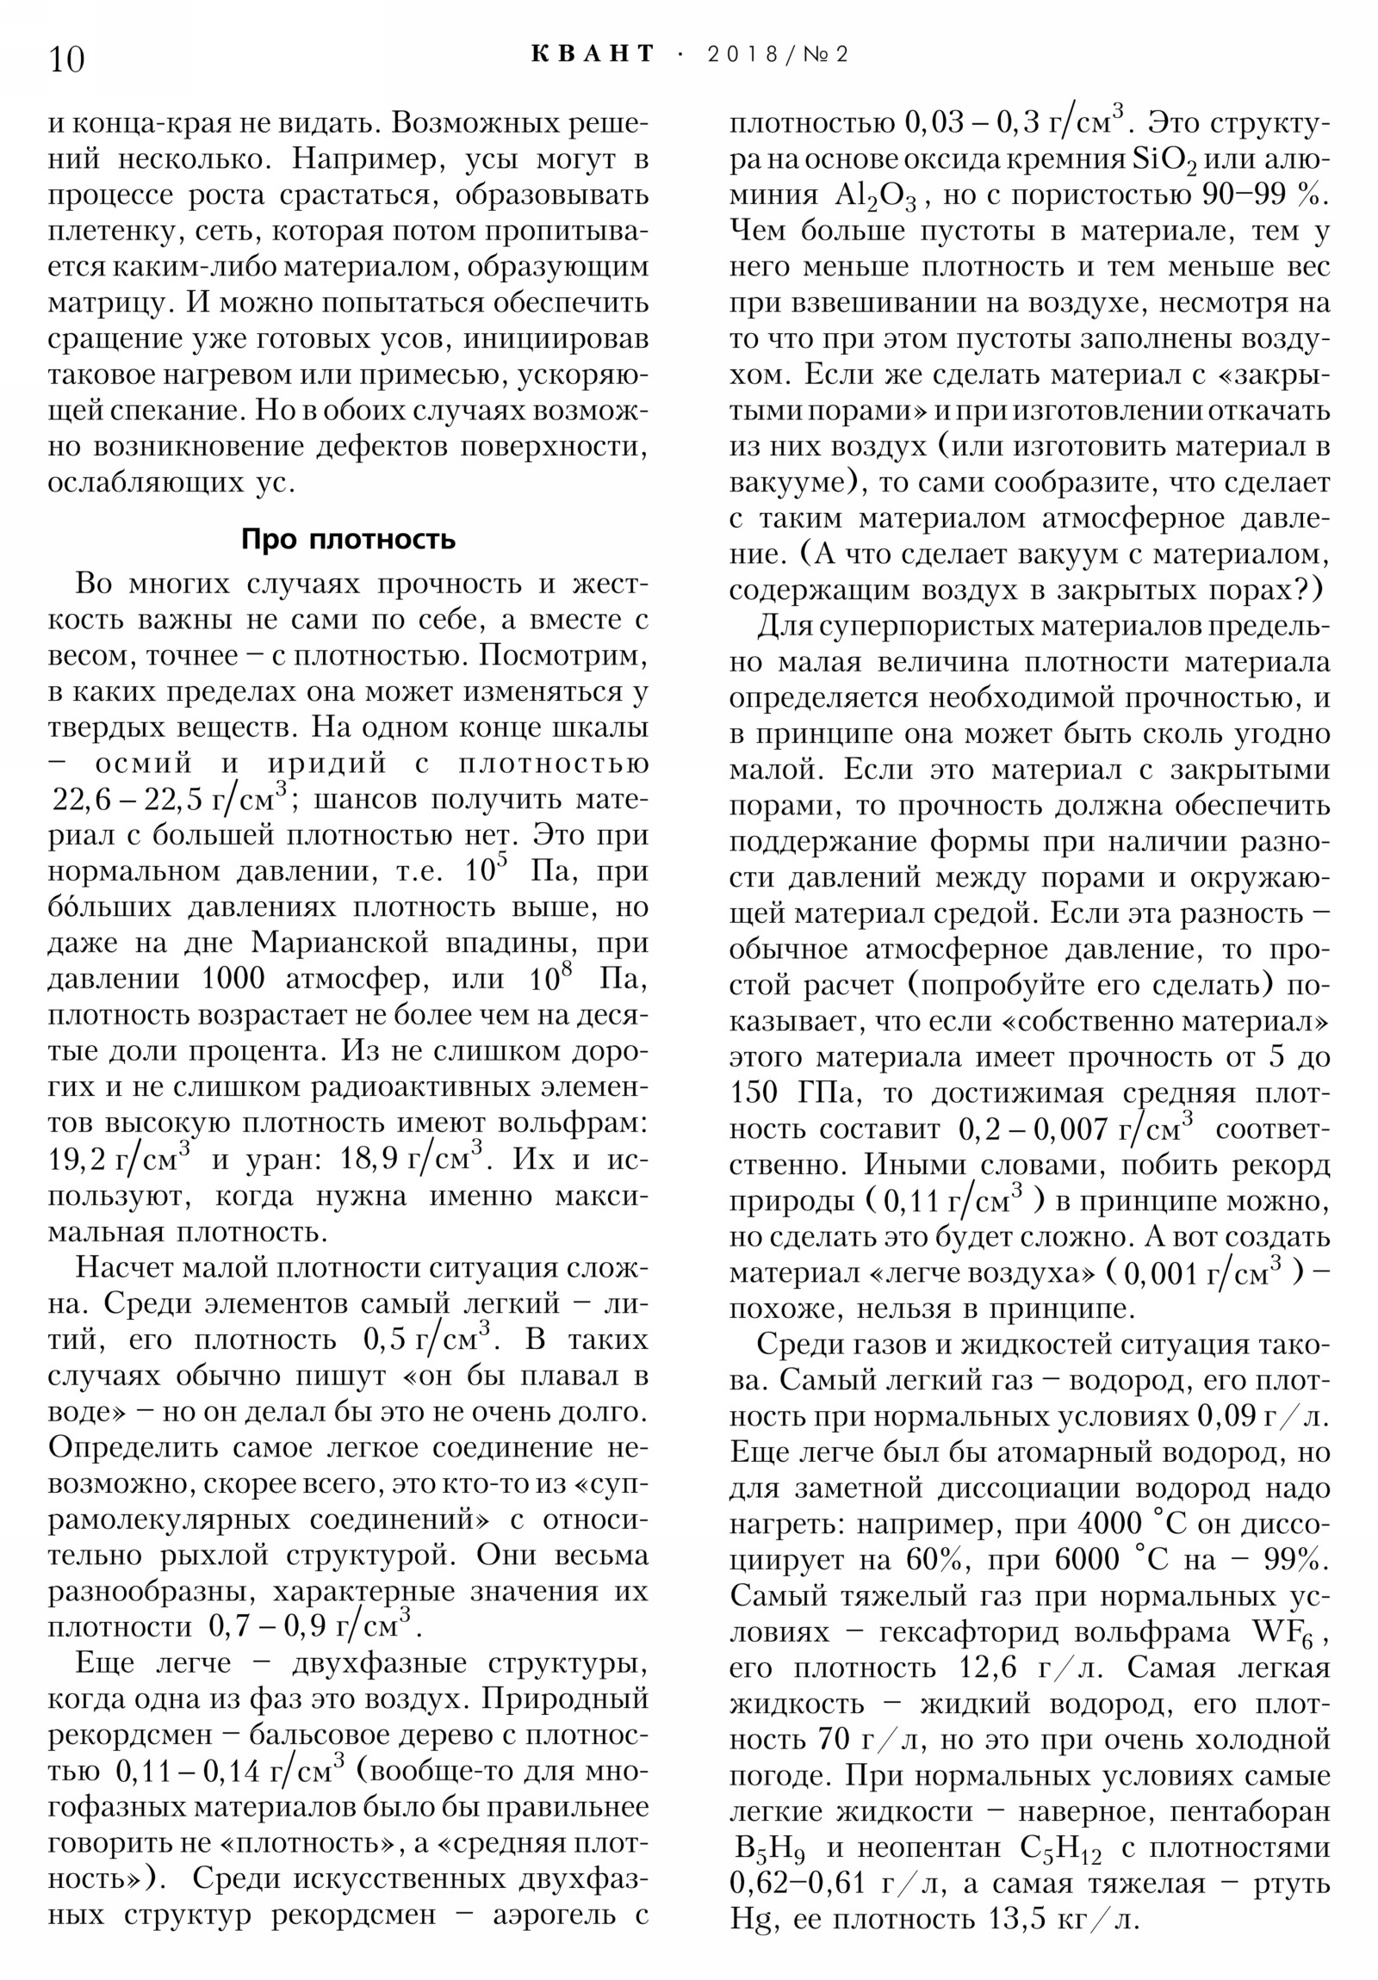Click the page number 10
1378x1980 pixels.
66,60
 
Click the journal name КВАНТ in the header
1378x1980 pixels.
593,54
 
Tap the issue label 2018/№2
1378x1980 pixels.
778,54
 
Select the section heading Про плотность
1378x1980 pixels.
348,539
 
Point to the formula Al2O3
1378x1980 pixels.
880,196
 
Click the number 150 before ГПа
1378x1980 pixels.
754,1093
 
